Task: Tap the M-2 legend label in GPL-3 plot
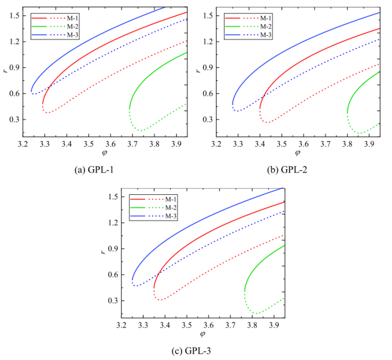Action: (x=171, y=207)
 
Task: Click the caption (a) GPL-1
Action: (x=100, y=168)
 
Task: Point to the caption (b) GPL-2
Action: (x=292, y=168)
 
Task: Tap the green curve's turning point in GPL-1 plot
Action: (x=130, y=108)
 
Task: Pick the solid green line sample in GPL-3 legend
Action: (x=140, y=207)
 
